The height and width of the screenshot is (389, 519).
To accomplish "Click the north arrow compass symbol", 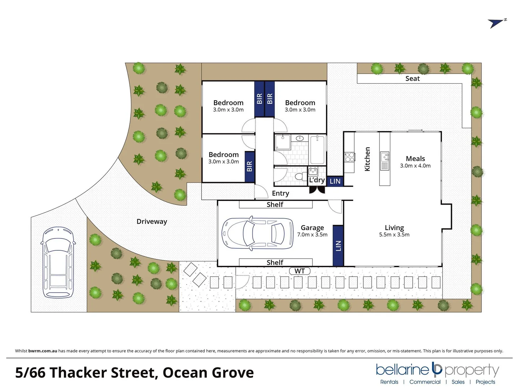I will pos(497,23).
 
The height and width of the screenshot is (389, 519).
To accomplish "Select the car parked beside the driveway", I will pos(58,263).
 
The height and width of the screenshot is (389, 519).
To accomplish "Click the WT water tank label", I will pos(300,271).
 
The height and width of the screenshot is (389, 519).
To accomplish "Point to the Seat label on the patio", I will pos(412,79).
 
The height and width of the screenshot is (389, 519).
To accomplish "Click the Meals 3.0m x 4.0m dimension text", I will pos(415,166).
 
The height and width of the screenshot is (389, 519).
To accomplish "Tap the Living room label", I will pos(394,228).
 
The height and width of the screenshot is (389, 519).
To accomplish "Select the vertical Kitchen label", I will pos(367,159).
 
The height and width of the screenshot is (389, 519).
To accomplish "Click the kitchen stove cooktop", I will pos(350,157).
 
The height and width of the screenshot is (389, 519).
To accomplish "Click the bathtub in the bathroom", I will pos(317,149).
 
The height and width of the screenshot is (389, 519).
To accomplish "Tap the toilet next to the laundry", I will pos(298,177).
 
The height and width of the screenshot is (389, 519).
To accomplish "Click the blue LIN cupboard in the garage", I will pos(338,246).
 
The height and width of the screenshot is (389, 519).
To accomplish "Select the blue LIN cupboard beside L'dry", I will pos(335,181).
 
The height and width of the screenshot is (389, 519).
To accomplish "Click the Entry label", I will pos(280,193).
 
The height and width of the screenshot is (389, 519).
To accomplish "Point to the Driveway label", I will pos(152,222).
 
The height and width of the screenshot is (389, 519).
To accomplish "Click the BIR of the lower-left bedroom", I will pos(249,166).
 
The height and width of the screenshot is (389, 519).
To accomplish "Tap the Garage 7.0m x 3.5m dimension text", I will pos(312,235).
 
